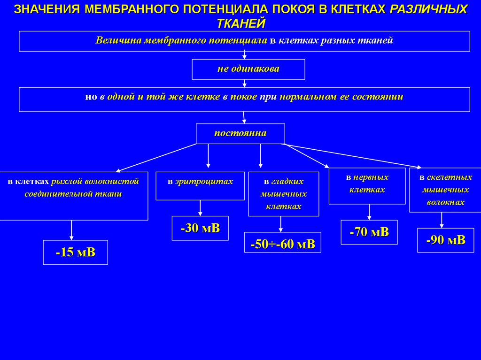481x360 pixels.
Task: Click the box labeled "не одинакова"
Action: [248, 69]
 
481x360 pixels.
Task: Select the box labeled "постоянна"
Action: [240, 133]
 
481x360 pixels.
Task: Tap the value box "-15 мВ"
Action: [76, 252]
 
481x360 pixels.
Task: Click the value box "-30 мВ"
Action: [200, 228]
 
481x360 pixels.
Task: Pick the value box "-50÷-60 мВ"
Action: [282, 243]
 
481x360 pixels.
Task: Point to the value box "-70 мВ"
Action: [369, 232]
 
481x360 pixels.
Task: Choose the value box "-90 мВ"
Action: [445, 240]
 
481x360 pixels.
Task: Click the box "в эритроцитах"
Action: [200, 186]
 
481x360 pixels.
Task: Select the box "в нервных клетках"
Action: [367, 186]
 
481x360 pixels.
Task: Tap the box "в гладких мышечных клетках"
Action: [283, 194]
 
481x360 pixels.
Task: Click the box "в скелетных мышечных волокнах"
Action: [445, 190]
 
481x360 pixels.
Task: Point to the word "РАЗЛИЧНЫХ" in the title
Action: [429, 9]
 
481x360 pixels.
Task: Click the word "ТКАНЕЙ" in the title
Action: [241, 23]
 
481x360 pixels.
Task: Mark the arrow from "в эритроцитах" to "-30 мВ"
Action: [201, 208]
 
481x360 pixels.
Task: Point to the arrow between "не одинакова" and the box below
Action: [245, 83]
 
